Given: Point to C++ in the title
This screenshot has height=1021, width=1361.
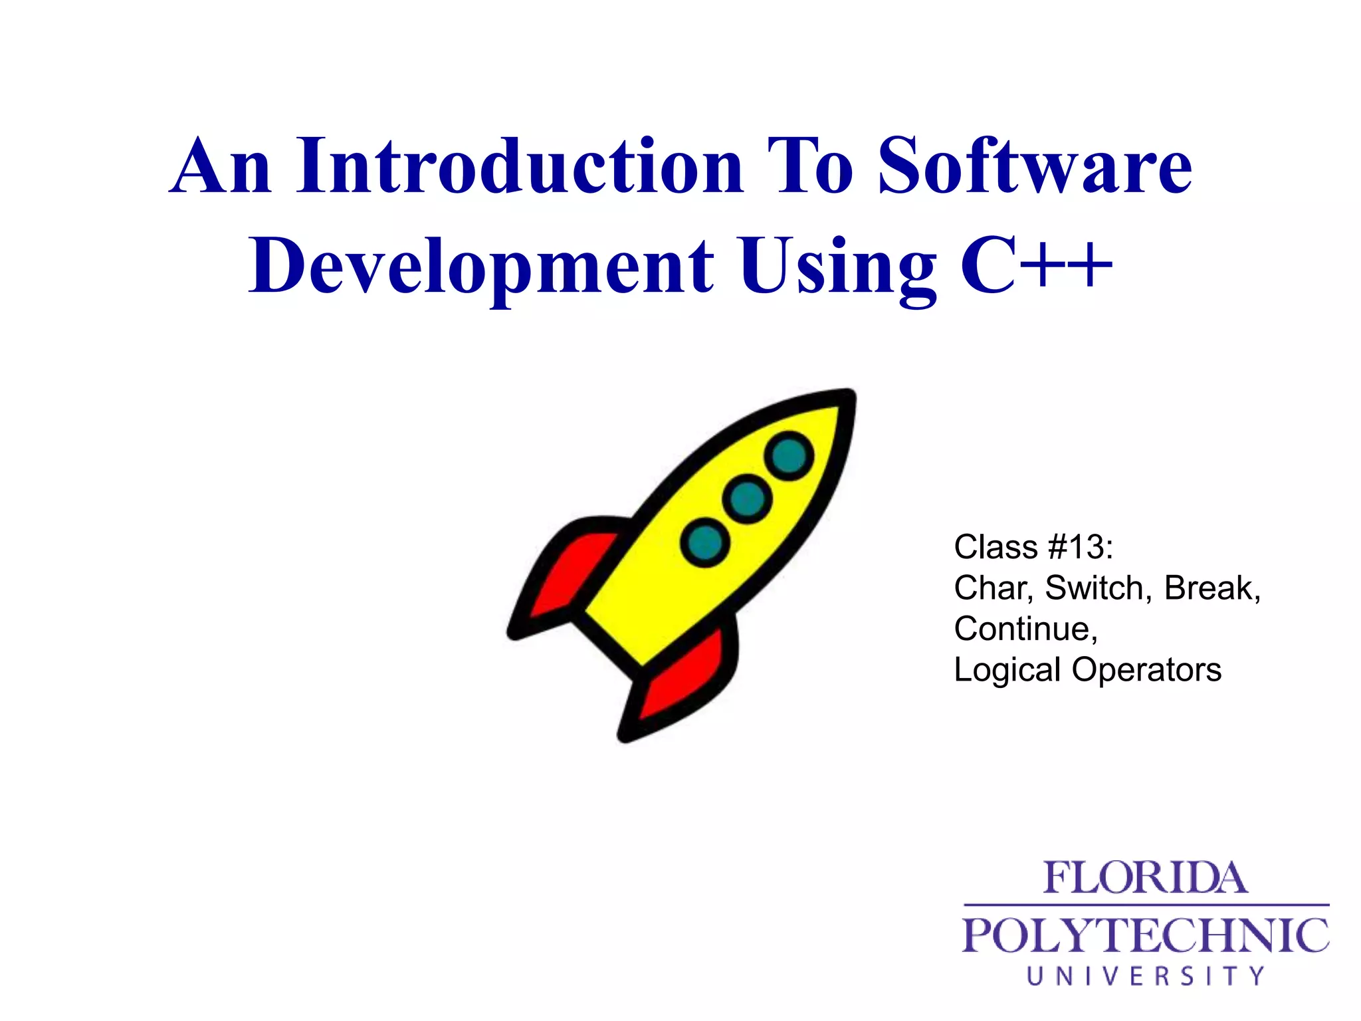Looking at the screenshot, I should (1036, 267).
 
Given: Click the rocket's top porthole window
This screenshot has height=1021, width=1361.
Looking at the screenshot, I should (789, 456).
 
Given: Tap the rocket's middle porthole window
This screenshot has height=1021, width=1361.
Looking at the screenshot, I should (748, 499).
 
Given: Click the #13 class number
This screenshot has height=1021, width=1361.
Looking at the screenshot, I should (1079, 548).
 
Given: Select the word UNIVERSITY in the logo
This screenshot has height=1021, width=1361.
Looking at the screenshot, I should (1146, 976).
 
